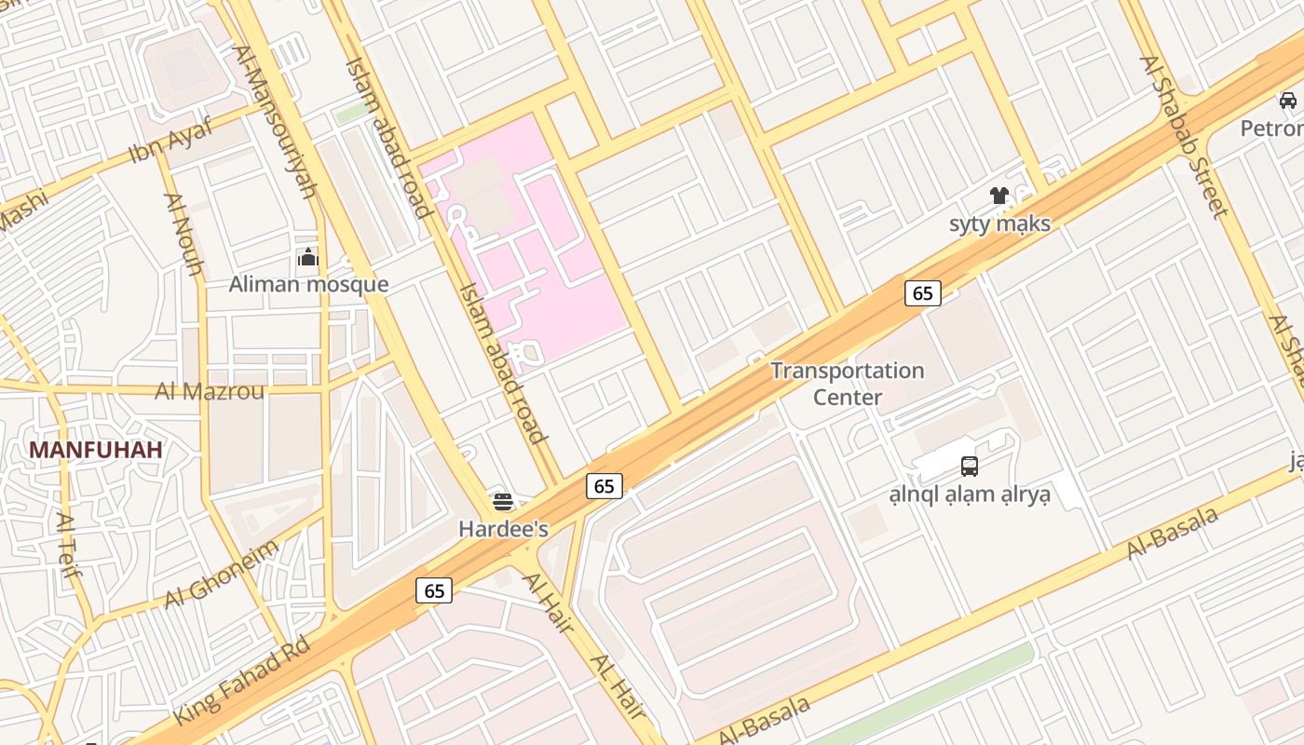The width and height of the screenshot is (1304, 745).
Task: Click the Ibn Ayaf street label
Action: coord(170,141)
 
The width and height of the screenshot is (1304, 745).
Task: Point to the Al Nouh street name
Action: coord(183,234)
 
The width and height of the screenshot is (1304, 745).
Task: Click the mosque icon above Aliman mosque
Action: coord(308,258)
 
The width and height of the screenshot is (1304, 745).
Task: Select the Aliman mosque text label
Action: coord(308,284)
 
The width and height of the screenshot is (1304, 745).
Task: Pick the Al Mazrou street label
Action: coord(210,391)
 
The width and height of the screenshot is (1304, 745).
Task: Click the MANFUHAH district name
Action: coord(95,450)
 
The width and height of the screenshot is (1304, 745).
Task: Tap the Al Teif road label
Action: coord(69,545)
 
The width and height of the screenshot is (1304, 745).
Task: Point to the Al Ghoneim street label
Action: coord(222,574)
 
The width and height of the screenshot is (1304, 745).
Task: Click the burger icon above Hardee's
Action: coord(503,503)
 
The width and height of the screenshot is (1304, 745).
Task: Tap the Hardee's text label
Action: coord(503,529)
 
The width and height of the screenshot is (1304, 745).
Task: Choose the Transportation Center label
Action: coord(848,384)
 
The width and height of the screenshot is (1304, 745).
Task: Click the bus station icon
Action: coord(970,467)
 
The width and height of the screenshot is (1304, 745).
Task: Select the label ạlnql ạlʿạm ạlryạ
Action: coord(970,494)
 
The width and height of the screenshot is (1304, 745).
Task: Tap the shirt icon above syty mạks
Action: coord(999,196)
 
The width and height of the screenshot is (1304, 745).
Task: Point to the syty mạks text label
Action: coord(999,223)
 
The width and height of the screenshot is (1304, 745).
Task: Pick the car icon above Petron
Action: coord(1288,101)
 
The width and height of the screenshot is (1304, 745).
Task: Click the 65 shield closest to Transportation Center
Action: coord(922,293)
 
